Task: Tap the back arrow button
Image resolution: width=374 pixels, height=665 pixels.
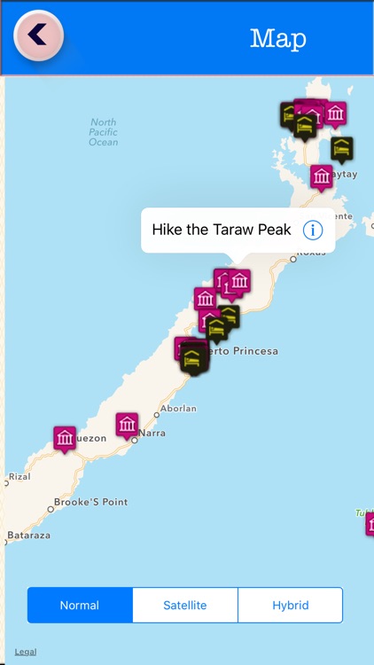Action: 38,35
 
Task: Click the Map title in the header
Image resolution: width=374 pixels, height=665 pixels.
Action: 278,38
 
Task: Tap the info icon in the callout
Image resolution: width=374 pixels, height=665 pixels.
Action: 313,231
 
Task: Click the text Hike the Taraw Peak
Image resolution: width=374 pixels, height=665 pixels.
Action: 222,231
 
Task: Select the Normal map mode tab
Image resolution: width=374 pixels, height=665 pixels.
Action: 80,606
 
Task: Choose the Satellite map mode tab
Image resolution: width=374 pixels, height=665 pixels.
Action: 185,606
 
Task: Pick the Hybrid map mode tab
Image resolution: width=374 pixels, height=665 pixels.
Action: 290,606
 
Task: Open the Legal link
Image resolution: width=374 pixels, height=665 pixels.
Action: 26,652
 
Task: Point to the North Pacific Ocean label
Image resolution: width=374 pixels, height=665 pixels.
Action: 103,132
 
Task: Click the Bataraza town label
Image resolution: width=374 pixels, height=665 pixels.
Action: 28,536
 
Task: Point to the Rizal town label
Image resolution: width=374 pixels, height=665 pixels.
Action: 19,476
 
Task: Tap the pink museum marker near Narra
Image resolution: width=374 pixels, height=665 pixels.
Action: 127,424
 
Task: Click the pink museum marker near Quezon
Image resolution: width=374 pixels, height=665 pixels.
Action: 65,437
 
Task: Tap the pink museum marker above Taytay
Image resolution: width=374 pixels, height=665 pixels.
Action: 322,176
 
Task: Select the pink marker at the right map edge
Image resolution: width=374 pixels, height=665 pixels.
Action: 370,523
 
